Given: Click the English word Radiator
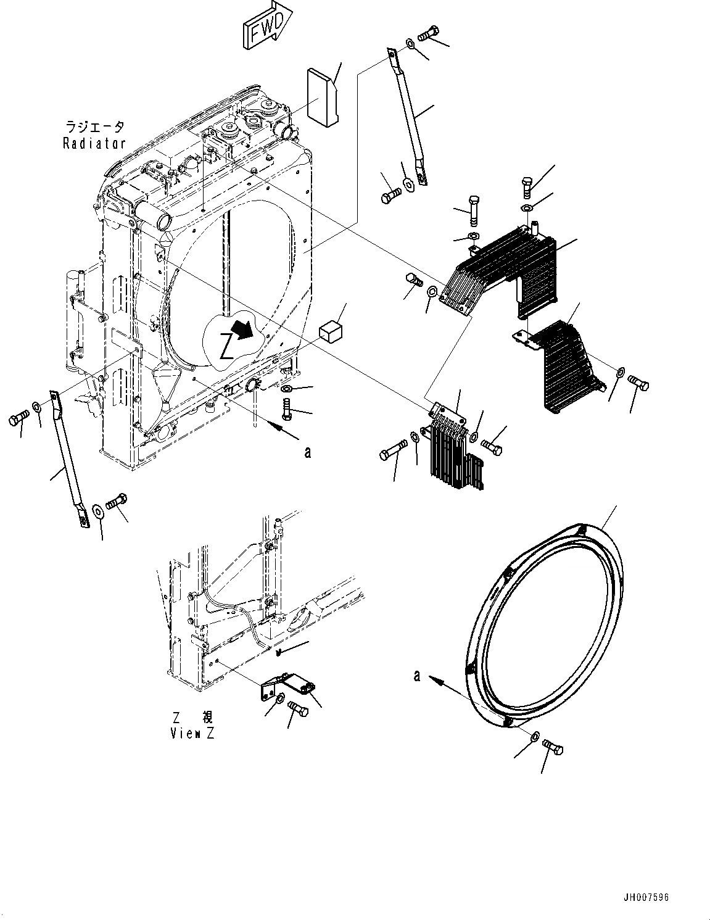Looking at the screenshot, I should point(94,143).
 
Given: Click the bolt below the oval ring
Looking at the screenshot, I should point(553,748).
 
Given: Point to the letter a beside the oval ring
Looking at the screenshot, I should point(417,676).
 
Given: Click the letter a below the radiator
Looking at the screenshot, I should point(308,452).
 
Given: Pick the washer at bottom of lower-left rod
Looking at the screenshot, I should point(97,509).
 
